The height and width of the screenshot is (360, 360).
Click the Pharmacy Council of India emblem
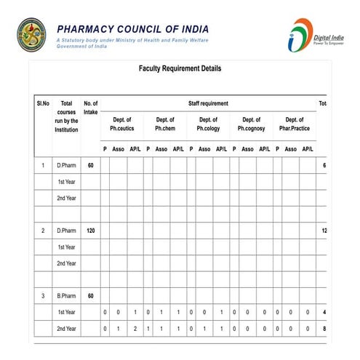[31, 34]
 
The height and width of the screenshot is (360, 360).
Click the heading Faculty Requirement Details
[180, 69]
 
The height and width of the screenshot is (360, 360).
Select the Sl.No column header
[42, 104]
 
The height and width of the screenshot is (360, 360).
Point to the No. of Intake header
[91, 108]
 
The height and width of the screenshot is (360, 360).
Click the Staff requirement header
[208, 104]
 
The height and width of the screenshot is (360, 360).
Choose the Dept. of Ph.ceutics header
[122, 124]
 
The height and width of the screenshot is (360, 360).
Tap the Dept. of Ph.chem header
[165, 124]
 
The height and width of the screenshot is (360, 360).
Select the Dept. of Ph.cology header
[208, 124]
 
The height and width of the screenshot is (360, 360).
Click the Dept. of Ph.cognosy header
[251, 124]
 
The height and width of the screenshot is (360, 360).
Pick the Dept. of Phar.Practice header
[295, 124]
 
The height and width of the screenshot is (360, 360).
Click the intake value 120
[91, 231]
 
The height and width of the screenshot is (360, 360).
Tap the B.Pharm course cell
[66, 296]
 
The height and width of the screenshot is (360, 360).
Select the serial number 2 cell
[42, 231]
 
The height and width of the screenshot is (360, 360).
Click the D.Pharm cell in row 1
[66, 166]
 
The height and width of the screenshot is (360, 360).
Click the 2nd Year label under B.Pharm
[66, 329]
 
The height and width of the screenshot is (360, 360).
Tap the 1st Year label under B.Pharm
[66, 312]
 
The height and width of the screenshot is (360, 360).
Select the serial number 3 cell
[42, 296]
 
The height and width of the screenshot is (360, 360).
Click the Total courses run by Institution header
[66, 116]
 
